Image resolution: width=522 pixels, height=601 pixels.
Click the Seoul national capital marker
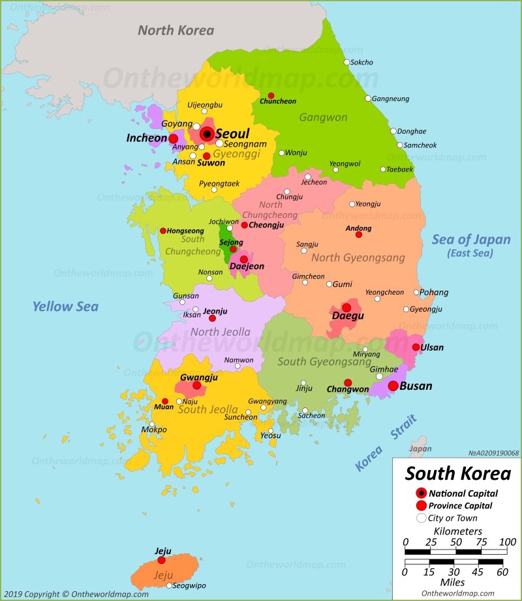pos(207,134)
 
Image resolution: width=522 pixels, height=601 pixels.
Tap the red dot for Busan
pos(393,386)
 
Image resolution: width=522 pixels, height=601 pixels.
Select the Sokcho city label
pos(361,63)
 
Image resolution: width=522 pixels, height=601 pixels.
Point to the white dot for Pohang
pos(416,292)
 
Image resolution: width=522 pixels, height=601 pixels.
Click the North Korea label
pos(176,30)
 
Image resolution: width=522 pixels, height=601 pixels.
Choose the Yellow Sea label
pos(65,306)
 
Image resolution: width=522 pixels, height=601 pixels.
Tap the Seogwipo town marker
pos(169,585)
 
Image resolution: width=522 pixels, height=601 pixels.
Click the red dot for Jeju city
pos(161,560)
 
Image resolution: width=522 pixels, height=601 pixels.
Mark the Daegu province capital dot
pos(346,307)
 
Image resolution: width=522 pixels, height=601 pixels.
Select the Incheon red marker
pos(174,139)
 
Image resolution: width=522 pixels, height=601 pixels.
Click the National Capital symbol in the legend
pos(422,493)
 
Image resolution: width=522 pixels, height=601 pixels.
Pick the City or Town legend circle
pos(422,518)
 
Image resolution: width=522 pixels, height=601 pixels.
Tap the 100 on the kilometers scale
pos(507,542)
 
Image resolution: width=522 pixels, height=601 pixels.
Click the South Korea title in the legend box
pos(457,473)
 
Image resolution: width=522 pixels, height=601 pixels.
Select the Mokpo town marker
pos(152,424)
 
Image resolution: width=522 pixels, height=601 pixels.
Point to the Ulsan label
pos(431,347)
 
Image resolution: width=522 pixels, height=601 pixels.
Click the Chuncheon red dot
pos(271,95)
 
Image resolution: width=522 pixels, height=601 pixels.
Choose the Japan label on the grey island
pos(420,448)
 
